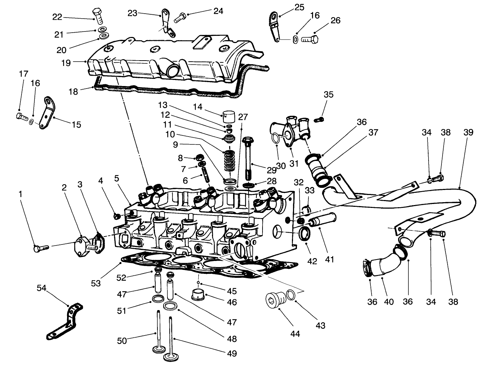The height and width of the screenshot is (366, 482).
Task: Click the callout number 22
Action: [x=57, y=17]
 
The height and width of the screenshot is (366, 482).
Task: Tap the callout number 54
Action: [x=42, y=288]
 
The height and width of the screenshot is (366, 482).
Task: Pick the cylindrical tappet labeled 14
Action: [x=227, y=117]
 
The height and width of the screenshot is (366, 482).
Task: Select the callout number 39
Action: [x=468, y=132]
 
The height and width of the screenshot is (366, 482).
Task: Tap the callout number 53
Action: [x=95, y=283]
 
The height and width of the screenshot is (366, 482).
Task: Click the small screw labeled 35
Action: [x=319, y=119]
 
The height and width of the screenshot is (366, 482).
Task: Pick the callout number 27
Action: [x=243, y=117]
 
